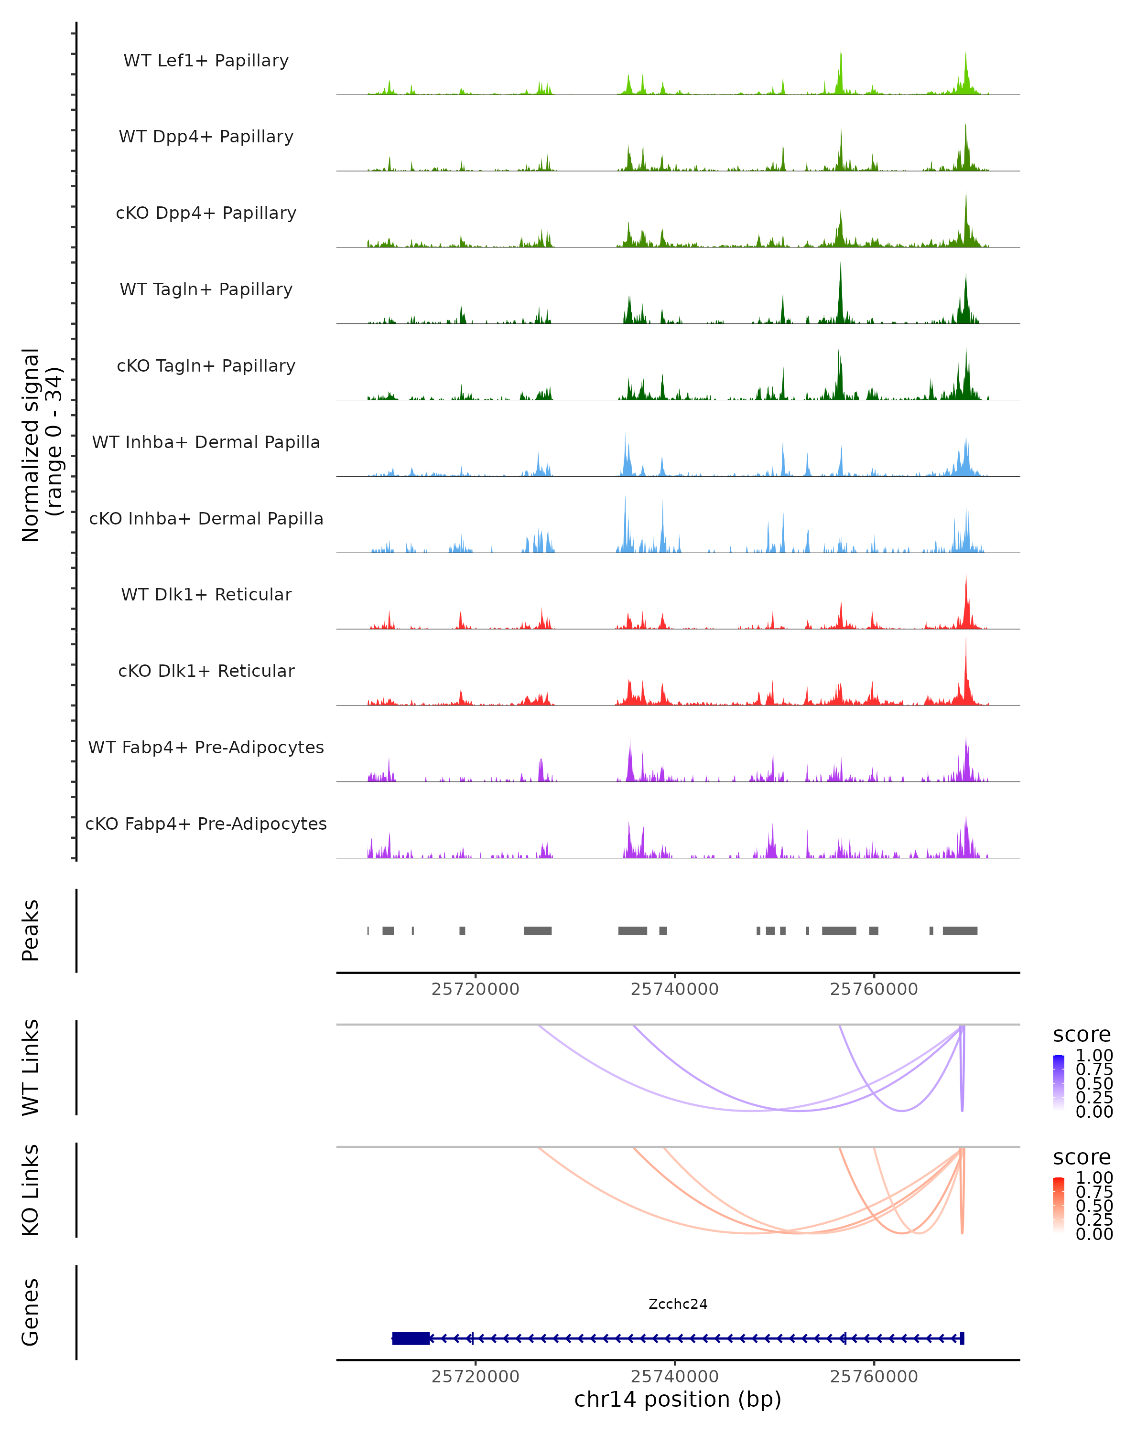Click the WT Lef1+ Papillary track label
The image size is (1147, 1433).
(206, 61)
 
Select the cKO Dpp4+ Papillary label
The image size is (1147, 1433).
(206, 214)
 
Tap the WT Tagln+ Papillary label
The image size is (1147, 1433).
(206, 290)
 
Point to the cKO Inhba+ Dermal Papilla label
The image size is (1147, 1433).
(206, 519)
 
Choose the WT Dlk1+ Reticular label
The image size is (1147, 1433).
(206, 595)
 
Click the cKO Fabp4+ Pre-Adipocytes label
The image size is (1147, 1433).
(206, 824)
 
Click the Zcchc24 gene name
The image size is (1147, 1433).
(678, 1304)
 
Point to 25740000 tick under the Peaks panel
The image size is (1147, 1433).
(674, 990)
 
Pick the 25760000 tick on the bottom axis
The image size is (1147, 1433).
(874, 1377)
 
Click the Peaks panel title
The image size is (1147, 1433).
(31, 930)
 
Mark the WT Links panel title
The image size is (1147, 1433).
(31, 1068)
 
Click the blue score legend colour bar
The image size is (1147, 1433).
(1059, 1082)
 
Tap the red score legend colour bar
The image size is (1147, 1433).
(1059, 1205)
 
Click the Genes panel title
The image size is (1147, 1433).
(31, 1313)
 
